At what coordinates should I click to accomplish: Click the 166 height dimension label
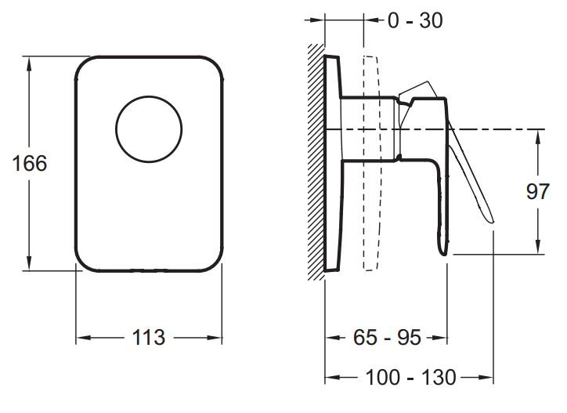[30, 163]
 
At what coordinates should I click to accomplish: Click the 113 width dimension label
[149, 337]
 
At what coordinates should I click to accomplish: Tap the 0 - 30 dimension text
[415, 20]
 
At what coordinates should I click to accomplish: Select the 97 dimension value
[538, 191]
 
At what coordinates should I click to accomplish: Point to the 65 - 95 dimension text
[387, 337]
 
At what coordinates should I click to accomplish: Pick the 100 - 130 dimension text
[411, 378]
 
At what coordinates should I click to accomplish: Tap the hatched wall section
[316, 161]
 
